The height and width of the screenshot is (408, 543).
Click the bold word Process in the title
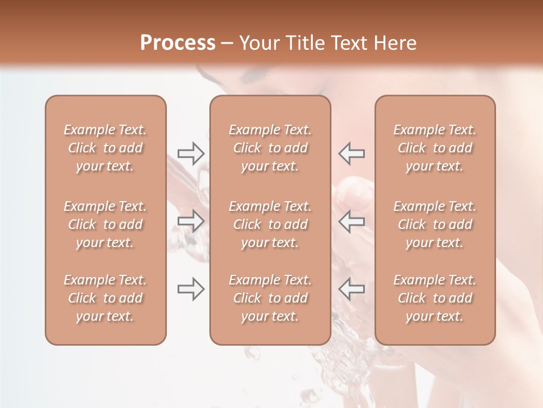coord(178,43)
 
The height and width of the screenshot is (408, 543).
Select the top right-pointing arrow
coord(191,153)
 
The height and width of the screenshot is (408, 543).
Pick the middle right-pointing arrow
coord(191,221)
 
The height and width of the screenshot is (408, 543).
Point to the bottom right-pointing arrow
coord(191,289)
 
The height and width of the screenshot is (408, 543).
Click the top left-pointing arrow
coord(351,153)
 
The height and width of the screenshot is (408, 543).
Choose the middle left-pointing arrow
coord(351,221)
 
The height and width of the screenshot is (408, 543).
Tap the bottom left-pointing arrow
coord(351,289)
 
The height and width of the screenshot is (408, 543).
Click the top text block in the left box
coord(105,148)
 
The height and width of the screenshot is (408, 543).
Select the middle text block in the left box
coord(105,224)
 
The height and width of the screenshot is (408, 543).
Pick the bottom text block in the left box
coord(105,298)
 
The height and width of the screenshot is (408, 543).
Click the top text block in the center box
coord(270,148)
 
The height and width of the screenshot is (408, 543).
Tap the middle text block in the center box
coord(270,224)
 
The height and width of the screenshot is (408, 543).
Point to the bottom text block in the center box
coord(270,298)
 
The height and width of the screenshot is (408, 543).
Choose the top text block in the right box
coord(435,148)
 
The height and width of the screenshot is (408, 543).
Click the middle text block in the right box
coord(435,224)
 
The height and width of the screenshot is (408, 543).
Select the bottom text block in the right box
coord(435,298)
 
